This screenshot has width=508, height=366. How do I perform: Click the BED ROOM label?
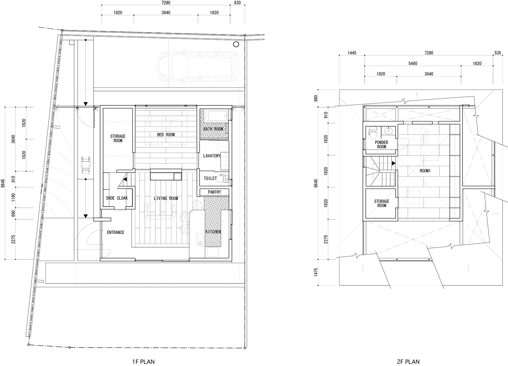click(166, 135)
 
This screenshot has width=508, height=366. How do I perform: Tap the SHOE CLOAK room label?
click(117, 198)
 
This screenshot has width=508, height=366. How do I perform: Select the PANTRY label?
click(214, 192)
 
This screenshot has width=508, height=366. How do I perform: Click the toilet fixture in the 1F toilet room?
click(223, 178)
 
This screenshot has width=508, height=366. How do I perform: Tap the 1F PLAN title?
click(143, 362)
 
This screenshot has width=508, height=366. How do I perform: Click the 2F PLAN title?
click(408, 362)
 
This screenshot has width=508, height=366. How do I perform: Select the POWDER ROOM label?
click(382, 144)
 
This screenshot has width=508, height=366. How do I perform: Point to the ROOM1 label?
click(425, 171)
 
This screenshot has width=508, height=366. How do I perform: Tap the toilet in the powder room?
click(373, 133)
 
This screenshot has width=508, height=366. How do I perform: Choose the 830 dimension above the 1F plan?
click(237, 3)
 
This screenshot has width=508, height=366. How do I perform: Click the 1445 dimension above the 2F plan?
click(352, 53)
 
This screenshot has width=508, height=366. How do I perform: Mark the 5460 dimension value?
click(413, 64)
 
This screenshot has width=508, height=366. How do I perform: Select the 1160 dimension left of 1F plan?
click(13, 197)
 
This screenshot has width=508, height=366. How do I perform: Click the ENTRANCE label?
click(116, 232)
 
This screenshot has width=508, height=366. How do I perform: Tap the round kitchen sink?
click(200, 243)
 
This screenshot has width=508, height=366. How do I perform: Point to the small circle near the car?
click(236, 44)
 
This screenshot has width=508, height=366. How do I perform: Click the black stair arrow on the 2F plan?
click(394, 163)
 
